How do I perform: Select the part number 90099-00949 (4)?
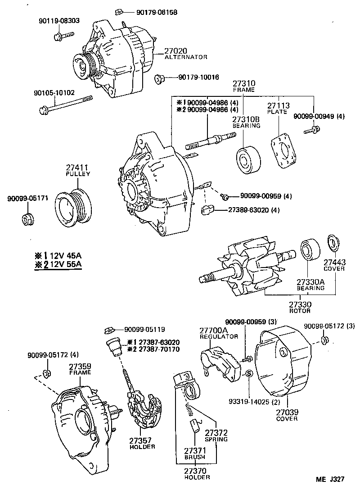coord(318,116)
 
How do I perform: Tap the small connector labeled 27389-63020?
coord(207,209)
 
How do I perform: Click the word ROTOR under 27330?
coord(300,311)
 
